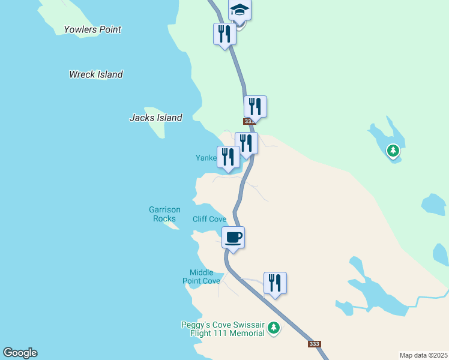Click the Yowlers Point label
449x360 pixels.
[92, 29]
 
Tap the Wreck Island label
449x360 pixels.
[96, 74]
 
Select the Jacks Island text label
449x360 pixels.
[156, 118]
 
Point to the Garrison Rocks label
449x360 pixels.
[164, 214]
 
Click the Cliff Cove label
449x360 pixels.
[209, 219]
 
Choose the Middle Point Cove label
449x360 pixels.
[202, 277]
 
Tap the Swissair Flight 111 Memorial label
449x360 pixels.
[223, 329]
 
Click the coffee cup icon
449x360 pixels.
[233, 237]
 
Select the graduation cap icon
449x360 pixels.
[240, 10]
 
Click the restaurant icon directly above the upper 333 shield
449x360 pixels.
[255, 106]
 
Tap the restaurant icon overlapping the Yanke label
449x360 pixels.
[228, 157]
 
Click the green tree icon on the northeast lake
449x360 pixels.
[393, 151]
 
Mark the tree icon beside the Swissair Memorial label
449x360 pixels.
[274, 328]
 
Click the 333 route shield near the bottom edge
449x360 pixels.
[314, 344]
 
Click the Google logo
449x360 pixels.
[20, 353]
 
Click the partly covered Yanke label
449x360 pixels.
[205, 158]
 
